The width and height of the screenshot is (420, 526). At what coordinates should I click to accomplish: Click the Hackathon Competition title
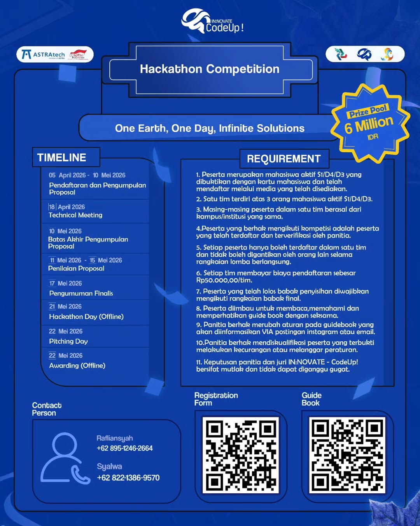coord(210,69)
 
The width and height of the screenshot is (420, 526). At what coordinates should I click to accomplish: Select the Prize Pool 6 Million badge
coord(369,123)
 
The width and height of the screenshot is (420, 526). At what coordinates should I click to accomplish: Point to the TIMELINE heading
coord(62,157)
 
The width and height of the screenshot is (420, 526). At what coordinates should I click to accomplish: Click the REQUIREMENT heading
coord(283,159)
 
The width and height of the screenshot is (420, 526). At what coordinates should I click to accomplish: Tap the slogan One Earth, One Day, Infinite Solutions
coord(210,128)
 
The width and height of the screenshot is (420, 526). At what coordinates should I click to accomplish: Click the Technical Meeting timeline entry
coord(75,215)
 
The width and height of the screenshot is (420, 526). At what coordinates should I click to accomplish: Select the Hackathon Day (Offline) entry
coord(86,317)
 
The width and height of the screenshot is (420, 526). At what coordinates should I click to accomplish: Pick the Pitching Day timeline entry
coord(68,341)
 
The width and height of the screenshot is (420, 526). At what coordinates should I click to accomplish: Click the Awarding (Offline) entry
coord(77,365)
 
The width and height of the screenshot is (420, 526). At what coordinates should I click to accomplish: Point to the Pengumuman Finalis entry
coord(81,293)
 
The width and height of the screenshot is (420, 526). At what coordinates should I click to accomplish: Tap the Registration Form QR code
coord(241,455)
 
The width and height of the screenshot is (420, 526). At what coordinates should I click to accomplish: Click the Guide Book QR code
coord(347,455)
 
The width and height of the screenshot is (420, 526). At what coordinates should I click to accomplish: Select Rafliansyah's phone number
coord(124,448)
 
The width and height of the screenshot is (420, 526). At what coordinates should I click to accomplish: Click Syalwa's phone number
coord(128,478)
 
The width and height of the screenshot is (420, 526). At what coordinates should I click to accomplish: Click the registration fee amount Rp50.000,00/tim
coord(224,280)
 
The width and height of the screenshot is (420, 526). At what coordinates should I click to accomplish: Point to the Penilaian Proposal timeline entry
coord(76,268)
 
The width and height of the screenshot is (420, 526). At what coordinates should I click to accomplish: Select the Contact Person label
coord(46,409)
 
